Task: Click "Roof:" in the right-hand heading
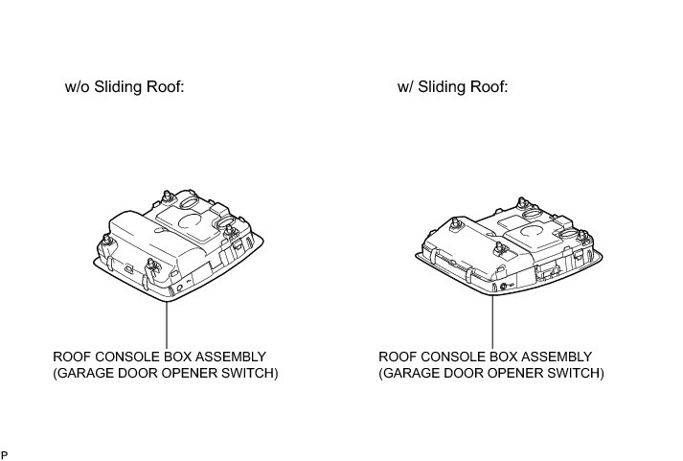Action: (x=488, y=87)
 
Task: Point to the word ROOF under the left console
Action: (x=71, y=357)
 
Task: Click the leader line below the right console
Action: (x=492, y=321)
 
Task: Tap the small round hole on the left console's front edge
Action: (x=176, y=286)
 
